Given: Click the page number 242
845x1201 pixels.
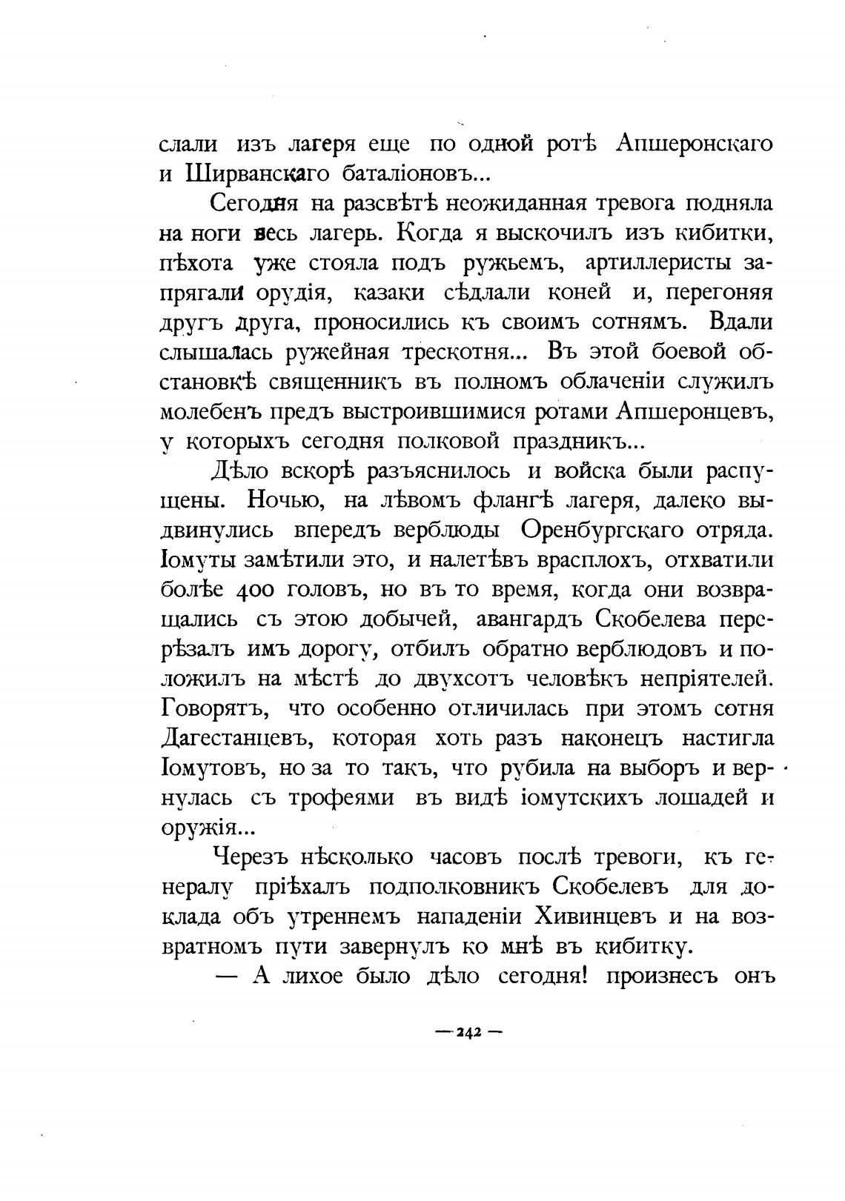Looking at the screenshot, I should [468, 1032].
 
